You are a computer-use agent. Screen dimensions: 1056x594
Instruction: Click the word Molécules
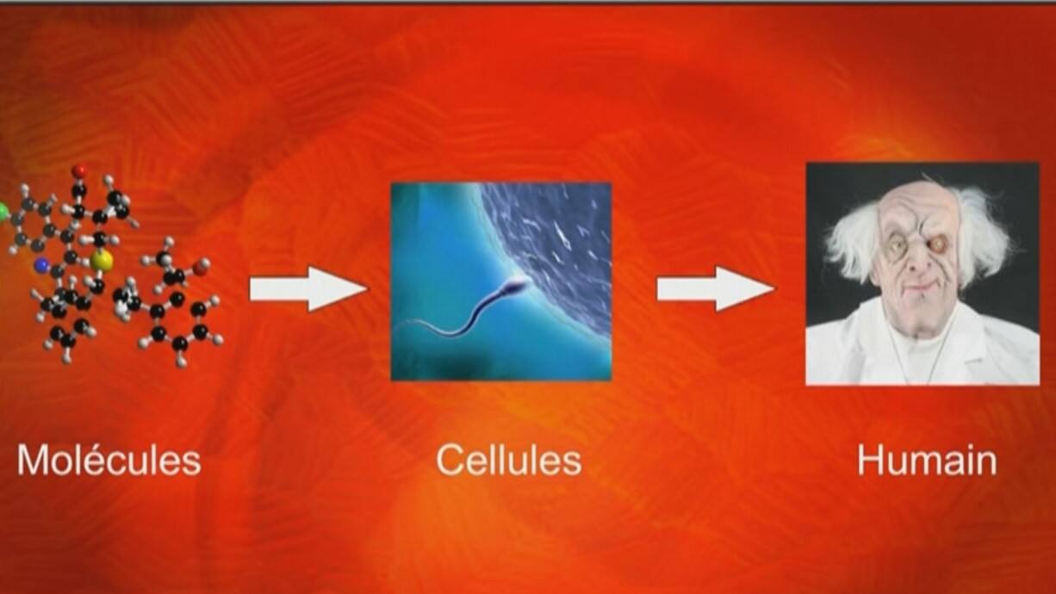[x=109, y=461]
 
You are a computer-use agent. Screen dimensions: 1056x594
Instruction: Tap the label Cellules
[x=509, y=461]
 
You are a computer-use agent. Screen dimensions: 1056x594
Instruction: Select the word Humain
[x=927, y=461]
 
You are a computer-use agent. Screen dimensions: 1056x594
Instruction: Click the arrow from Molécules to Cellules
[x=308, y=288]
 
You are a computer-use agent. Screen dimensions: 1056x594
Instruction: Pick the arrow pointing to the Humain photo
[x=716, y=288]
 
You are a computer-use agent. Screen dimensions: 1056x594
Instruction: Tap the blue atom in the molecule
[x=42, y=266]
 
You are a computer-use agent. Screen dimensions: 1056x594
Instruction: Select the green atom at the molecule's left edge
[x=3, y=213]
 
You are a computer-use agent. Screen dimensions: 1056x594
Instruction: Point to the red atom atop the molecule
[x=80, y=171]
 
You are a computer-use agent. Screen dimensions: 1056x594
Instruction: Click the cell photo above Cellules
[x=501, y=282]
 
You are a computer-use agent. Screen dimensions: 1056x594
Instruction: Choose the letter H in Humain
[x=869, y=461]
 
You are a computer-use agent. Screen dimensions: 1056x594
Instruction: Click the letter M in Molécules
[x=32, y=461]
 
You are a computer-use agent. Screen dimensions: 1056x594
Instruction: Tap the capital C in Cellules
[x=449, y=461]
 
